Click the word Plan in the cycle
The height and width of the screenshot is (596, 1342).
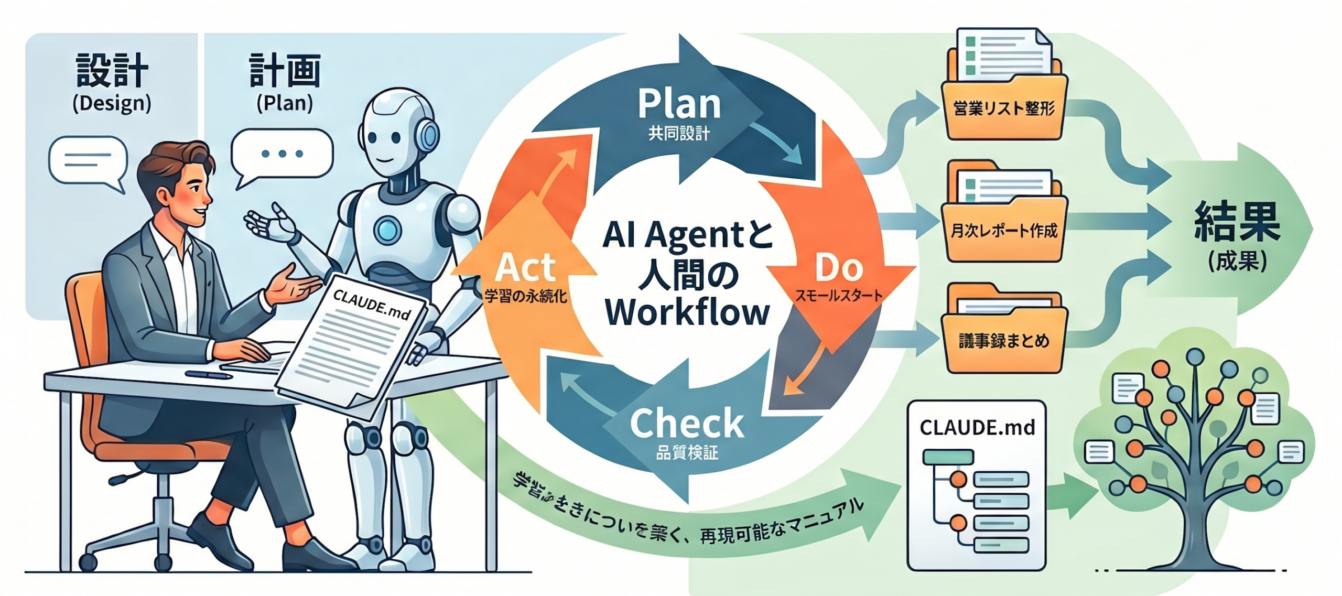679,104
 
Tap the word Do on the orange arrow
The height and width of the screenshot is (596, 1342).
839,268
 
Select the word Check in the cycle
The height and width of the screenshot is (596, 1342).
687,424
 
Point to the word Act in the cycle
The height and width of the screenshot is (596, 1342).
525,268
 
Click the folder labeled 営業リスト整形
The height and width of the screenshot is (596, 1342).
1003,107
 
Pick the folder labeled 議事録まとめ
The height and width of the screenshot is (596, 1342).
1003,341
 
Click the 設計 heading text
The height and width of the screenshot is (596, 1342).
112,70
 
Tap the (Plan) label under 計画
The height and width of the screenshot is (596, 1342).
285,103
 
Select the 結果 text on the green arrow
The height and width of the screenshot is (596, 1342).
1237,222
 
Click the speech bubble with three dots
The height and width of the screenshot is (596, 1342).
282,154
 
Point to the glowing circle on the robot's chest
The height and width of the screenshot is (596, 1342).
387,229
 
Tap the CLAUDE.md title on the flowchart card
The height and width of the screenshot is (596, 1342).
977,428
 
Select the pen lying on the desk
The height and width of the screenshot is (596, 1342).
209,375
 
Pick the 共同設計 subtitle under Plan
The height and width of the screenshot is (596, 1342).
679,134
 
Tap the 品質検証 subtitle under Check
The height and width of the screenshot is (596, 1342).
687,452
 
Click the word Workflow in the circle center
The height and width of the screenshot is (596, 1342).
687,313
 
